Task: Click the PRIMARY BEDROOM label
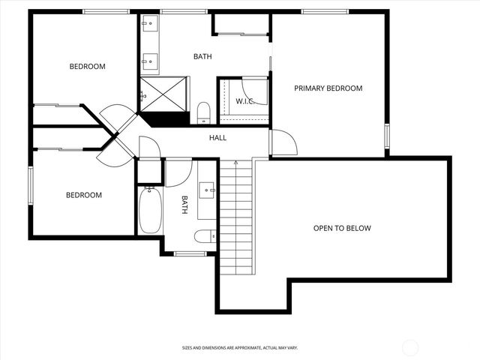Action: coord(328,88)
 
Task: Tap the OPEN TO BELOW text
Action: coord(342,228)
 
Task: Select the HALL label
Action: coord(217,138)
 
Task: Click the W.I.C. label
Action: coord(245,101)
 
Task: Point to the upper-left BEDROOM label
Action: coord(87,67)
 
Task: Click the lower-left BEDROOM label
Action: coord(83,195)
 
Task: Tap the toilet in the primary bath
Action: coord(203,113)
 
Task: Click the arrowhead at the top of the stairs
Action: coord(236,161)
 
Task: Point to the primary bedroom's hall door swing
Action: coord(282,142)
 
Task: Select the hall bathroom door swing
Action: coord(177,172)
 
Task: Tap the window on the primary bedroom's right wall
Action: coord(387,136)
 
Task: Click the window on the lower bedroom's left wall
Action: coord(31,184)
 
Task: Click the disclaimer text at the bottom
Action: coord(239,348)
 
